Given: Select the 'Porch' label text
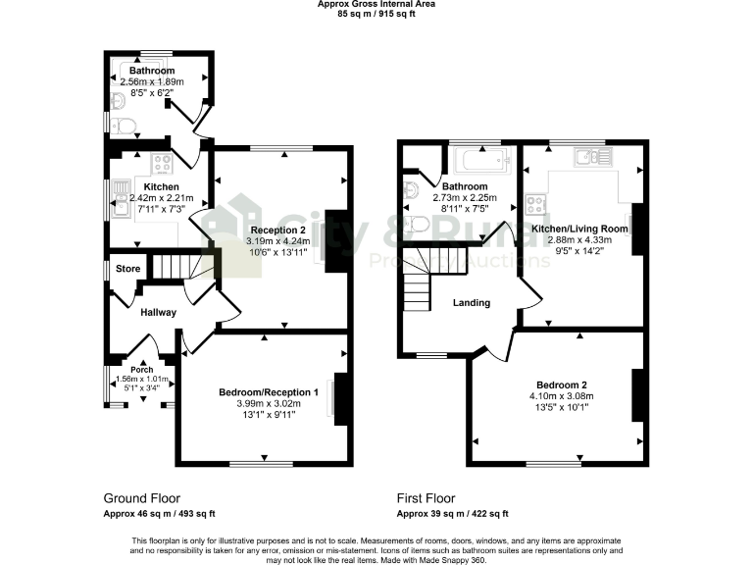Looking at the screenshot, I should [142, 370].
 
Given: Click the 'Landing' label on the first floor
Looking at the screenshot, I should [471, 303].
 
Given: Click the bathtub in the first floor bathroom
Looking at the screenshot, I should [478, 161].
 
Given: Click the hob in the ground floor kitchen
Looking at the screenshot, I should [161, 163].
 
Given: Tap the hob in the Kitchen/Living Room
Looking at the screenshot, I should [536, 205].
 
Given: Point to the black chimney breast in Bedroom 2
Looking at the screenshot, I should [637, 396].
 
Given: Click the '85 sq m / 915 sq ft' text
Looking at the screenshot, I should [376, 14].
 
